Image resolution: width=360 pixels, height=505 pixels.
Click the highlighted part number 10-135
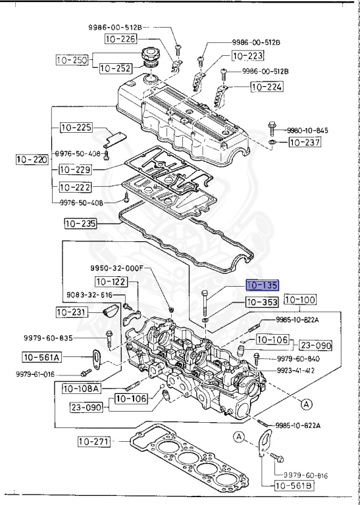(262, 286)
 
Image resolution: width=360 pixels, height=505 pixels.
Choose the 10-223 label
(247, 57)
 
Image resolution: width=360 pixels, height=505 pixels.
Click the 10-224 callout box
(267, 86)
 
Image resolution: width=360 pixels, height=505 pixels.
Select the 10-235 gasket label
(80, 224)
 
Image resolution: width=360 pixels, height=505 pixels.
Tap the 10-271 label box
(95, 441)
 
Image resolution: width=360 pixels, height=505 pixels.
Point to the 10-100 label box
(300, 301)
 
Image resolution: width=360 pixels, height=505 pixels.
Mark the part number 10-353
(262, 302)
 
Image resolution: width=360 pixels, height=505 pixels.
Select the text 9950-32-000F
(116, 268)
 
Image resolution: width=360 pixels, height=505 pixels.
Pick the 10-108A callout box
(81, 388)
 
